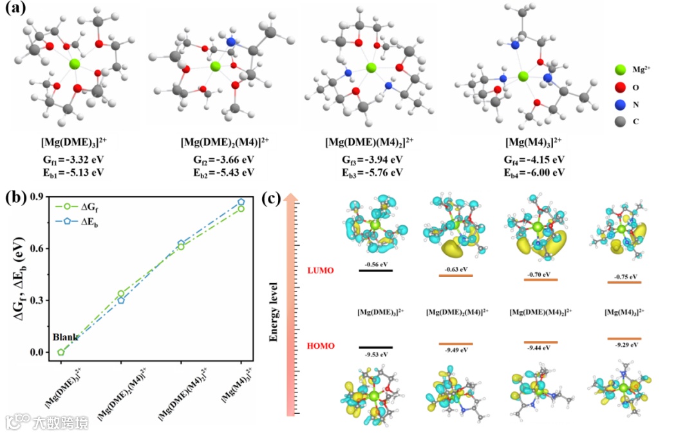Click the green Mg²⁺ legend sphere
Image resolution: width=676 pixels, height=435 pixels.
(620, 69)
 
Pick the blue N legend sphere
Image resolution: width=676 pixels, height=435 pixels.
(620, 104)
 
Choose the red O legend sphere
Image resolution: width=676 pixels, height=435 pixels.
(620, 86)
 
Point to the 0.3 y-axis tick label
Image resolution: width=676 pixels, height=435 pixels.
(36, 300)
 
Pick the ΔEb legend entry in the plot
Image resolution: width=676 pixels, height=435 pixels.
(102, 222)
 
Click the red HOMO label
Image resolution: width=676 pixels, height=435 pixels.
(321, 346)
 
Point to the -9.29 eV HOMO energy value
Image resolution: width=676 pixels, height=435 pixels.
(624, 345)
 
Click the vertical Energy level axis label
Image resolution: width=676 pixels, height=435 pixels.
(274, 310)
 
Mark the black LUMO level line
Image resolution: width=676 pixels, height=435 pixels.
(375, 270)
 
